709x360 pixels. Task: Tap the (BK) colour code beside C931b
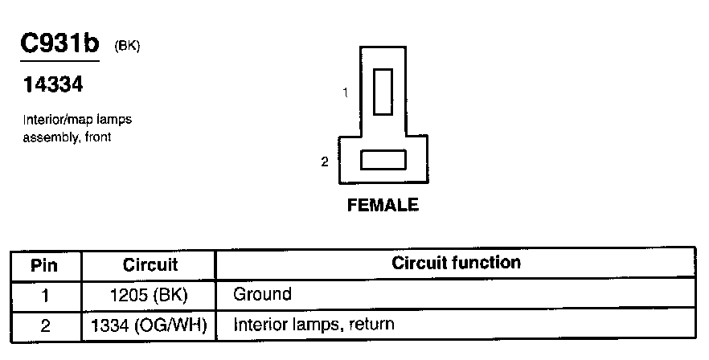click(128, 46)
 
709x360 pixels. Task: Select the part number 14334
click(54, 84)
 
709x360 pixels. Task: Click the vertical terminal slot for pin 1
click(383, 92)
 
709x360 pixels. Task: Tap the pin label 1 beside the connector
click(345, 92)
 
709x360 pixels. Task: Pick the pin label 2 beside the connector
click(325, 162)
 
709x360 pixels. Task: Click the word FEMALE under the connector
click(383, 205)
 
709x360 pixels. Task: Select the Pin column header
click(45, 264)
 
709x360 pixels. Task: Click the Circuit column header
click(150, 264)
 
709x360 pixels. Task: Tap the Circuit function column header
click(456, 263)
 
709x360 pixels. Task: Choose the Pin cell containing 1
click(45, 295)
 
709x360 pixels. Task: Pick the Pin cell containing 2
click(45, 325)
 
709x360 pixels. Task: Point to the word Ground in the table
click(262, 294)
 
